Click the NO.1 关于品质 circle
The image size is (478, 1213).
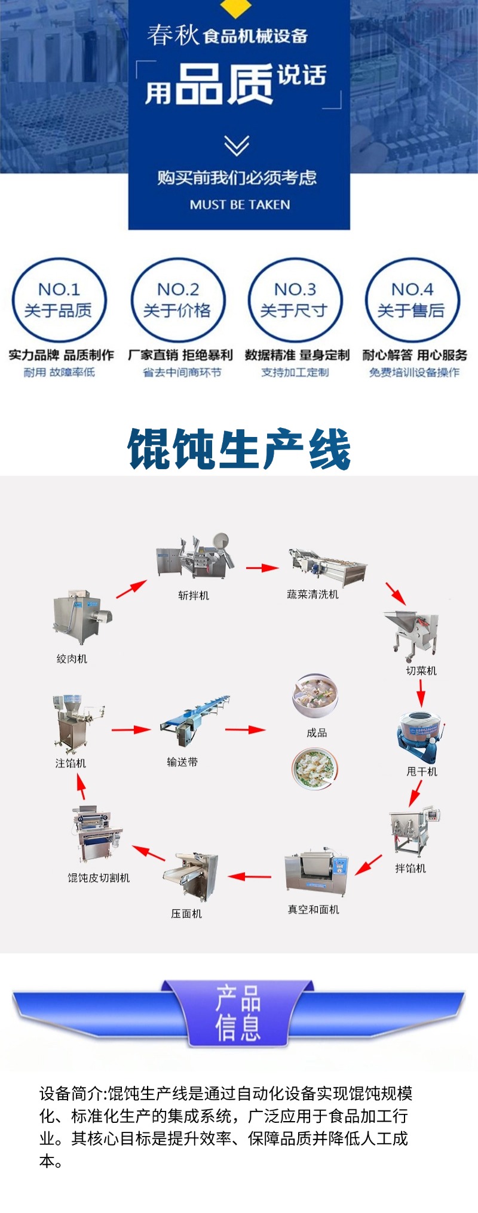click(59, 300)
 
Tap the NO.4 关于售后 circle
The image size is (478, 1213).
click(412, 300)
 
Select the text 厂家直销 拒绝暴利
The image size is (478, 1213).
click(180, 355)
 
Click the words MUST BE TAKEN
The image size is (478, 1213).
click(240, 205)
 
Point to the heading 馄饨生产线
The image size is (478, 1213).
click(239, 450)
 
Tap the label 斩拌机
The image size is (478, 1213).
click(194, 595)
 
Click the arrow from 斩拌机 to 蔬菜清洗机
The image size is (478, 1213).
click(262, 568)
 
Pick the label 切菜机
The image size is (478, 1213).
click(421, 670)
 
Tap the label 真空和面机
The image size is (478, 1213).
click(313, 909)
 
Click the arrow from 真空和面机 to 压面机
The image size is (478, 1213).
click(249, 876)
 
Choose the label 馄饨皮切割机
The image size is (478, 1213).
click(99, 878)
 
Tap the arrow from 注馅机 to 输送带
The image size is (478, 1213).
click(131, 729)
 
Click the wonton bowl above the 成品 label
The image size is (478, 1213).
click(315, 696)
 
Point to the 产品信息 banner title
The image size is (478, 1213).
click(238, 1013)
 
